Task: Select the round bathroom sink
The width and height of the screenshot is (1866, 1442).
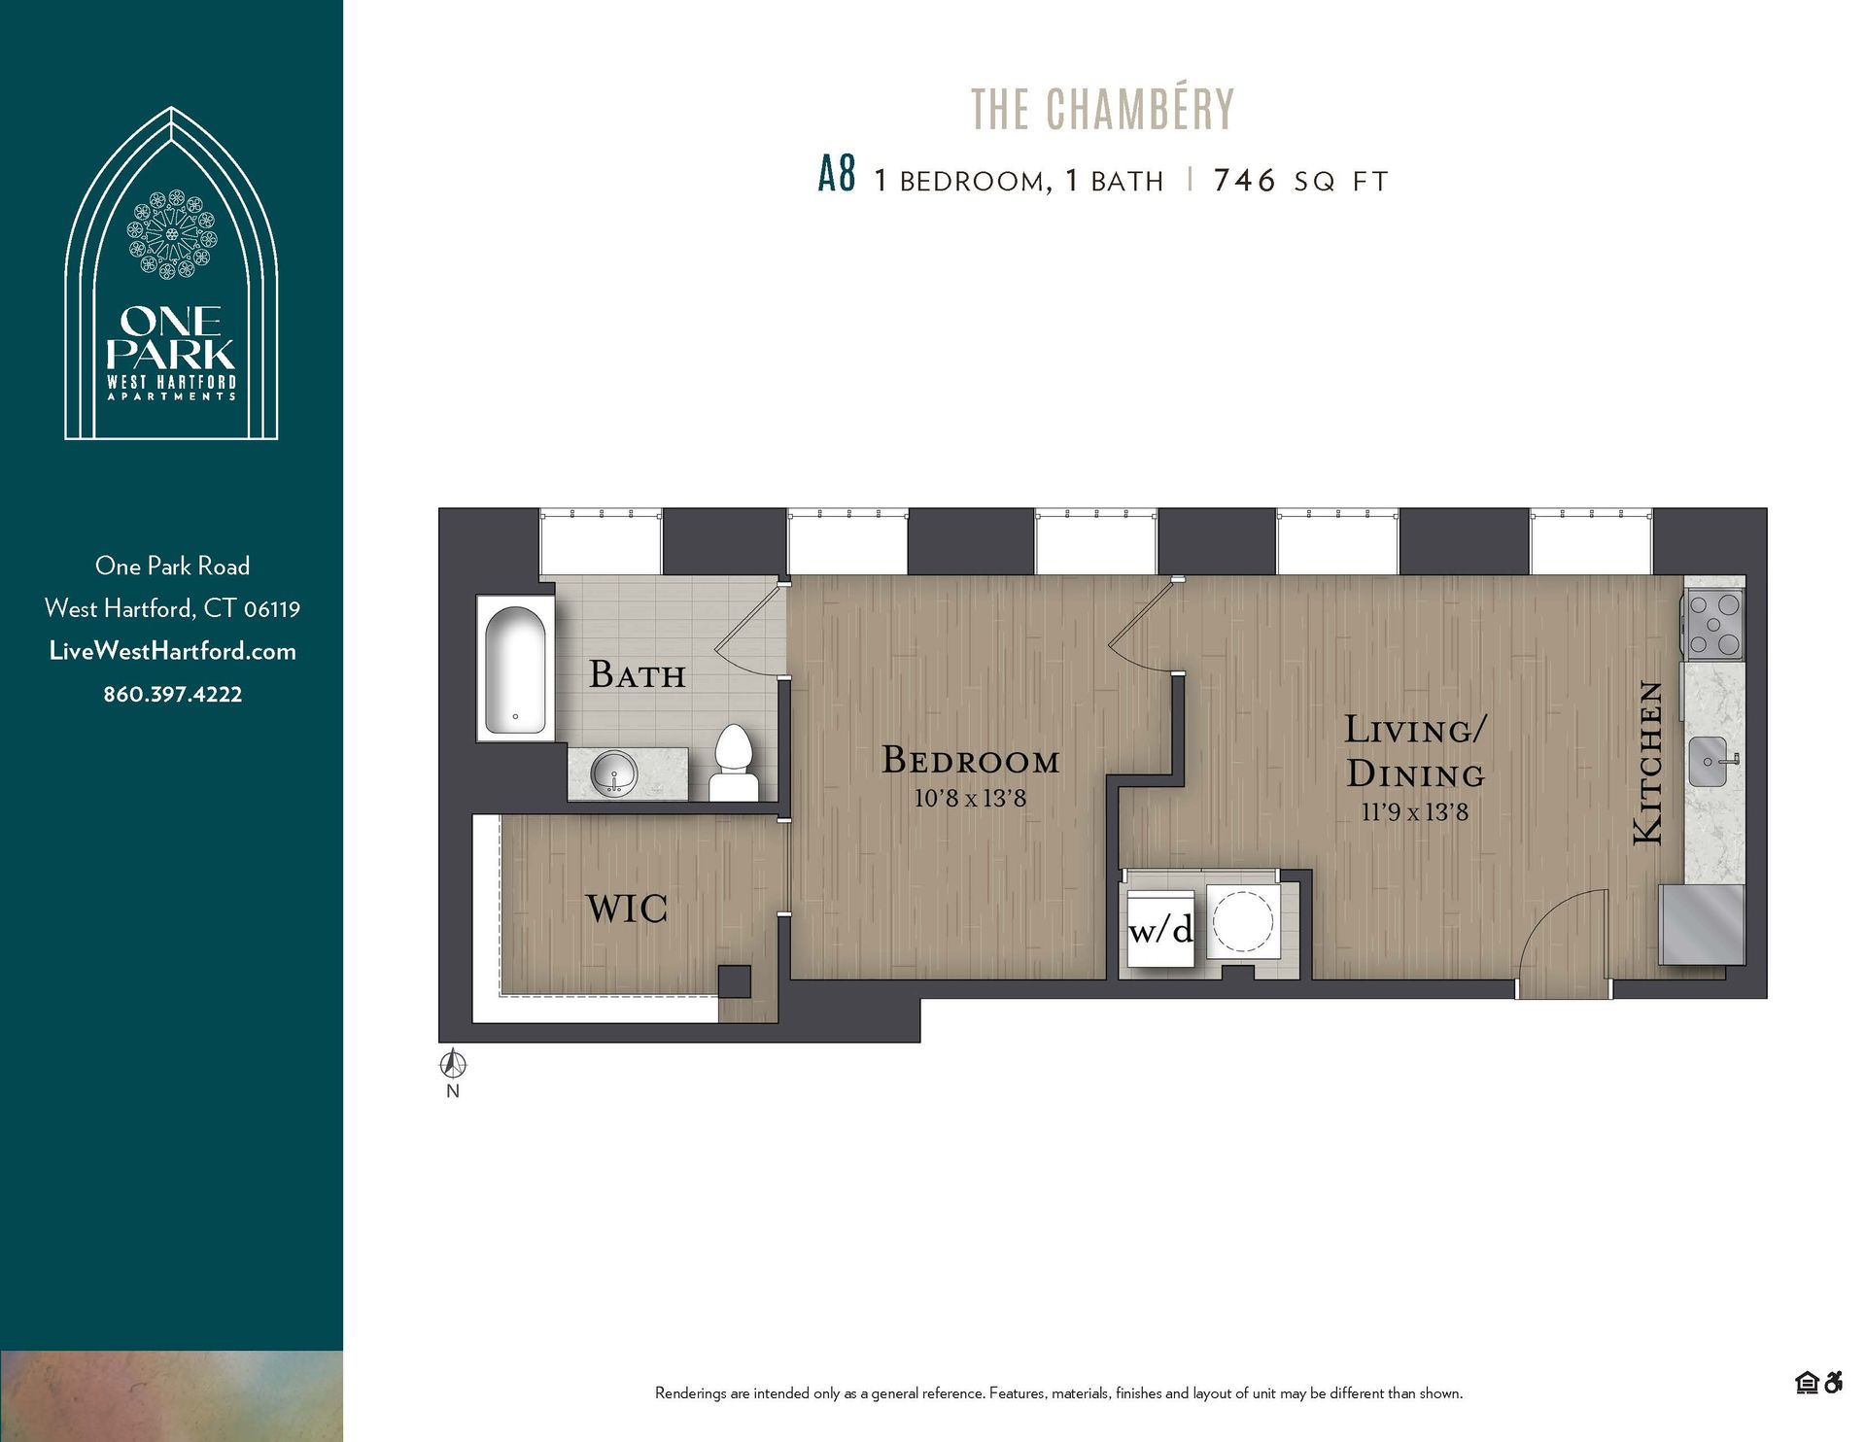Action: click(614, 773)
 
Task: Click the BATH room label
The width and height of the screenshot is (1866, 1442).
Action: click(637, 674)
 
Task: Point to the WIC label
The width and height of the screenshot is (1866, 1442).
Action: click(627, 910)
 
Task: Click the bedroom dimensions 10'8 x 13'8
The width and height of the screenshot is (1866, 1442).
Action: click(970, 799)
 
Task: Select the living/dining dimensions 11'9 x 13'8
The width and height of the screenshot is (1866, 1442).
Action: click(1414, 812)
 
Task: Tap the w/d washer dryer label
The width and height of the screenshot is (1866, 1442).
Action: click(1160, 931)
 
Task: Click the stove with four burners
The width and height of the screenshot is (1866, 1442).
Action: click(1715, 625)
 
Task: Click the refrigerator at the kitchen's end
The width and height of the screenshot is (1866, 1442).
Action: click(1702, 923)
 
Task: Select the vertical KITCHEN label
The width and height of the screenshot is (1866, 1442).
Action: click(1648, 763)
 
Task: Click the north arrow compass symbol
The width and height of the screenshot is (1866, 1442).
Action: click(453, 1065)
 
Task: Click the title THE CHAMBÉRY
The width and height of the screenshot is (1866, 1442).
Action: click(1102, 110)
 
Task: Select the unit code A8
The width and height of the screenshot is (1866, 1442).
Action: click(837, 176)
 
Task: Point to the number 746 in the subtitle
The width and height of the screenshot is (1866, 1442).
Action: click(1244, 181)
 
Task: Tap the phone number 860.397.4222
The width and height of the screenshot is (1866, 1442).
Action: click(173, 694)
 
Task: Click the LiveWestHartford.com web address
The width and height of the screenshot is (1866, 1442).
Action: click(173, 651)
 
